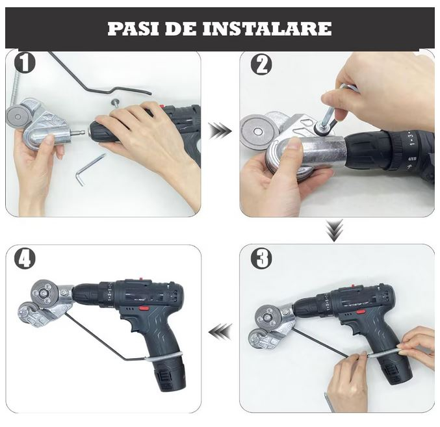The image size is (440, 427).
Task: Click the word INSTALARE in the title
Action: pos(266,29)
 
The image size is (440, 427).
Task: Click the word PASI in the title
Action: pos(133,29)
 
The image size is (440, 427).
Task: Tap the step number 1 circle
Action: pos(25,63)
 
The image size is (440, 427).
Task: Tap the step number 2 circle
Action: pos(261,64)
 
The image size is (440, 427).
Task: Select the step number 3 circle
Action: pos(261,259)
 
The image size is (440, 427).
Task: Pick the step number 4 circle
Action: pos(25,259)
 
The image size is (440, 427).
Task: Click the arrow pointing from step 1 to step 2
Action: pos(220,131)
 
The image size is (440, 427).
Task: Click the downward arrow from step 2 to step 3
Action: pos(334,230)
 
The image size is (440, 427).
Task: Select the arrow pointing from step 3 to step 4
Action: pos(220,331)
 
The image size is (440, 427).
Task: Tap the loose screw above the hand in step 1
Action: pos(115,103)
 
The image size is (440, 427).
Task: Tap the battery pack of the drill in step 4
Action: pos(168,372)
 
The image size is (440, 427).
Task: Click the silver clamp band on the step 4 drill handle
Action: pos(164,357)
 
